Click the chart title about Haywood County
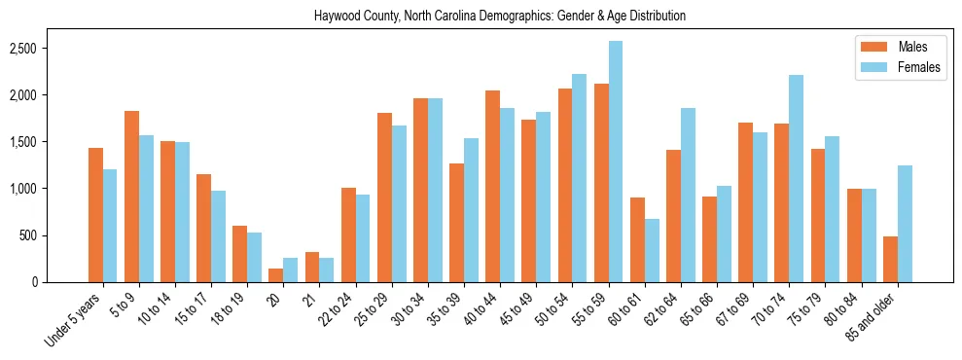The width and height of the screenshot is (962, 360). pos(500,17)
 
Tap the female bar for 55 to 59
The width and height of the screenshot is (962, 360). pos(616,162)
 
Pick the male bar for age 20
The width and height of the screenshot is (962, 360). pos(276,275)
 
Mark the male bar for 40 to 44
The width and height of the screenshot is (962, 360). pos(492,186)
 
